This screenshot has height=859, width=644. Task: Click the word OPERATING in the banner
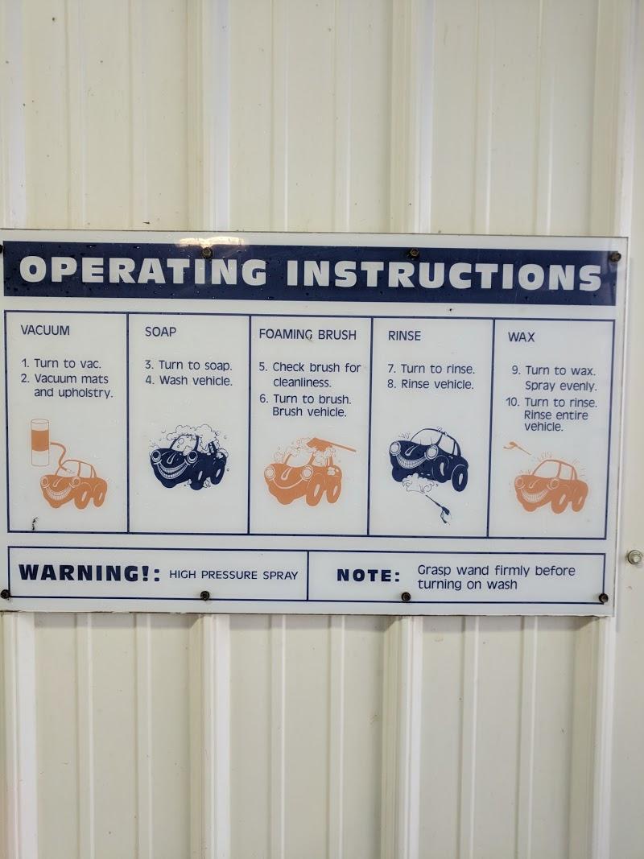[x=143, y=270]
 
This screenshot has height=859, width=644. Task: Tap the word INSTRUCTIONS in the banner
[x=444, y=274]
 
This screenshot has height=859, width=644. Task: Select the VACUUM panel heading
[x=45, y=330]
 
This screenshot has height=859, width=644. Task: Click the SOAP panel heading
[x=160, y=332]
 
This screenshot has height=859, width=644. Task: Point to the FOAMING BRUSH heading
[x=308, y=334]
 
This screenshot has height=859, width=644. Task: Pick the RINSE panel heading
[x=404, y=336]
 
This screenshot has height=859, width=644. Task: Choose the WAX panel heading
[x=521, y=337]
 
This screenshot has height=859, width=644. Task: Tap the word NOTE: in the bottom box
[x=368, y=576]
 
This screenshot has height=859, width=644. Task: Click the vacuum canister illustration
[x=40, y=442]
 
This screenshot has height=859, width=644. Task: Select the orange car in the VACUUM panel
[x=73, y=484]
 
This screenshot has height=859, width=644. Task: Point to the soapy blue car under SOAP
[x=188, y=457]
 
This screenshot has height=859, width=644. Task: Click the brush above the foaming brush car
[x=331, y=445]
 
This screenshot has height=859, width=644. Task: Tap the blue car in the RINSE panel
[x=428, y=458]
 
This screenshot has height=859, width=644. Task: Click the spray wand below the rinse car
[x=440, y=510]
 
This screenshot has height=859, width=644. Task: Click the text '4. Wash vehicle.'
[x=189, y=380]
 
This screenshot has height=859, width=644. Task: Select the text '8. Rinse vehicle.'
[x=431, y=384]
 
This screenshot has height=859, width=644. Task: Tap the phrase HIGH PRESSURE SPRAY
[x=233, y=575]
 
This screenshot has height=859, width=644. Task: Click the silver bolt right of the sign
[x=634, y=557]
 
